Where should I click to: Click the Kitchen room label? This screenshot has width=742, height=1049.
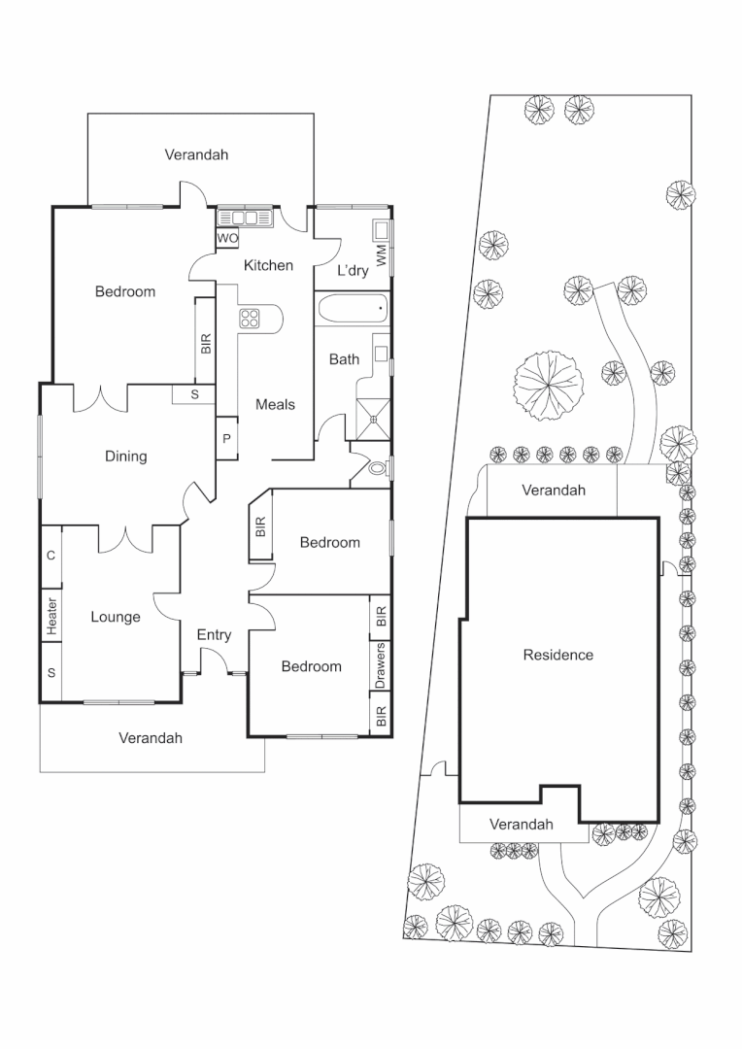pyautogui.click(x=268, y=265)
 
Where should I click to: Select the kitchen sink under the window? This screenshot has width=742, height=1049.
pyautogui.click(x=247, y=218)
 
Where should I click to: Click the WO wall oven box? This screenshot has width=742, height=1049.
pyautogui.click(x=227, y=238)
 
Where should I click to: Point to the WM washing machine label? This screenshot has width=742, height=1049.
pyautogui.click(x=382, y=256)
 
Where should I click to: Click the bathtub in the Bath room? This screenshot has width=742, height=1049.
pyautogui.click(x=352, y=311)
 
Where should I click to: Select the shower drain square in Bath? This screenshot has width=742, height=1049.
pyautogui.click(x=373, y=415)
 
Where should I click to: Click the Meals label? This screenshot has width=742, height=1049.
pyautogui.click(x=275, y=404)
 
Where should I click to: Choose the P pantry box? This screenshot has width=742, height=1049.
pyautogui.click(x=226, y=439)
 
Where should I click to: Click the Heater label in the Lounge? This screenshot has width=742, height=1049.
pyautogui.click(x=51, y=617)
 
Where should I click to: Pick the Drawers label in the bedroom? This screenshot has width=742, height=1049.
pyautogui.click(x=381, y=665)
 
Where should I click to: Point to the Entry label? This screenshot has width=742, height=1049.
pyautogui.click(x=214, y=635)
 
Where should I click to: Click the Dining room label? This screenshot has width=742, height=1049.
pyautogui.click(x=125, y=456)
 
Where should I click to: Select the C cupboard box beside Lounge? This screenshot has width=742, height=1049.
pyautogui.click(x=51, y=556)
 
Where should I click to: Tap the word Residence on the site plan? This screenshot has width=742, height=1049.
pyautogui.click(x=557, y=655)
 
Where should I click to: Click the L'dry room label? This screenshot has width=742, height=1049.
pyautogui.click(x=352, y=271)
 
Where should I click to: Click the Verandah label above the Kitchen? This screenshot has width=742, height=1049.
pyautogui.click(x=196, y=154)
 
